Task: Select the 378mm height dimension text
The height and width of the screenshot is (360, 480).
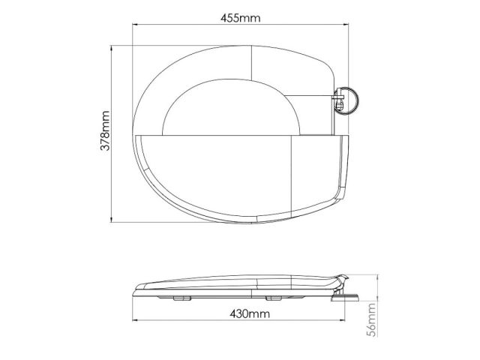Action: click(x=106, y=133)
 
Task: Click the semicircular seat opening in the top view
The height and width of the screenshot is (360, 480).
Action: click(x=225, y=112)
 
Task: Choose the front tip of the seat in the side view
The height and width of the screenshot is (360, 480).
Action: click(x=135, y=288)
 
